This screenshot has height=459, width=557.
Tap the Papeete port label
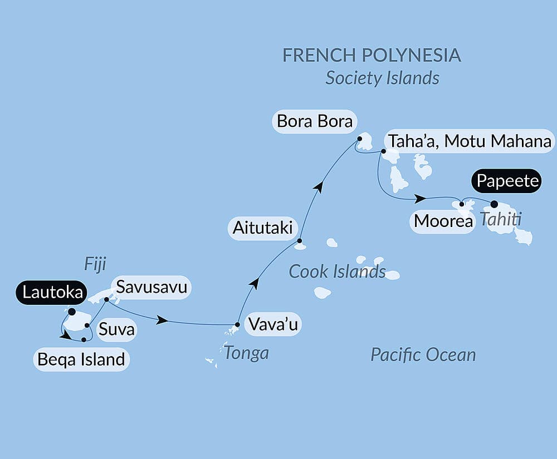click(x=507, y=181)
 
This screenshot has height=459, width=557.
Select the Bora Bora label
click(x=315, y=121)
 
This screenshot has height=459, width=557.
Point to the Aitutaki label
click(x=262, y=228)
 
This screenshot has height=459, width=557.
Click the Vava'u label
click(x=272, y=325)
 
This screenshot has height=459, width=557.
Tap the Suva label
click(x=116, y=330)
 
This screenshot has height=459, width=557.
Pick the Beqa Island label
click(x=81, y=359)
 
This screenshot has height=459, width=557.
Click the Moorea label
click(x=443, y=221)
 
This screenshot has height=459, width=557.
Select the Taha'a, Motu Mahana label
click(x=470, y=141)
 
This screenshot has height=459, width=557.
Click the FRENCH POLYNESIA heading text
click(x=372, y=55)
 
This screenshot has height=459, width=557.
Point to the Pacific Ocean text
click(x=423, y=354)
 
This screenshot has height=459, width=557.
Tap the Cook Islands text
click(x=338, y=272)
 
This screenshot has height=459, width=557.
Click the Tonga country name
click(x=246, y=352)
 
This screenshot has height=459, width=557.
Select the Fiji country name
click(x=95, y=264)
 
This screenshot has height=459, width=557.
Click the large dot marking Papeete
click(x=494, y=204)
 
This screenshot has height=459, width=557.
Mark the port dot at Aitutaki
click(x=299, y=241)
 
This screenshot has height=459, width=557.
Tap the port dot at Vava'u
click(x=238, y=324)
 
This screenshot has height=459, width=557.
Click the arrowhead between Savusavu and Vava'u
click(x=163, y=320)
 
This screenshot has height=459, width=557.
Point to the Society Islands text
click(x=382, y=78)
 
